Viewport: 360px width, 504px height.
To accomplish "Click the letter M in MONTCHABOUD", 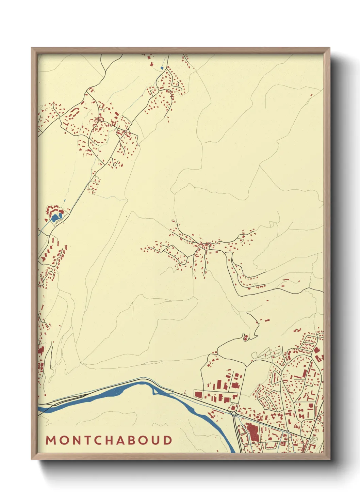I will (51, 440).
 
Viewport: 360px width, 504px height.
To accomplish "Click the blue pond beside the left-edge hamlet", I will (55, 217).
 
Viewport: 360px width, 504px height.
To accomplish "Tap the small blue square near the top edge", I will (162, 68).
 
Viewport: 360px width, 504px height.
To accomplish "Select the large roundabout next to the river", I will (234, 414).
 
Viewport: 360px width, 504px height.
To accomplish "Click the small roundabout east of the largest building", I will (288, 431).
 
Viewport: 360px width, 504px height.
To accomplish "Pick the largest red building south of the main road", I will (252, 430).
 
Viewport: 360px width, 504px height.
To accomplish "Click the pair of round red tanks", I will (245, 337).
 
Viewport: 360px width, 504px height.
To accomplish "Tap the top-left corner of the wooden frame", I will (32, 48).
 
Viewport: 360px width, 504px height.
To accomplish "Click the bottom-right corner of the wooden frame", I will (329, 459).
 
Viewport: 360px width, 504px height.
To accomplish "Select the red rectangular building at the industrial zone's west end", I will (198, 394).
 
